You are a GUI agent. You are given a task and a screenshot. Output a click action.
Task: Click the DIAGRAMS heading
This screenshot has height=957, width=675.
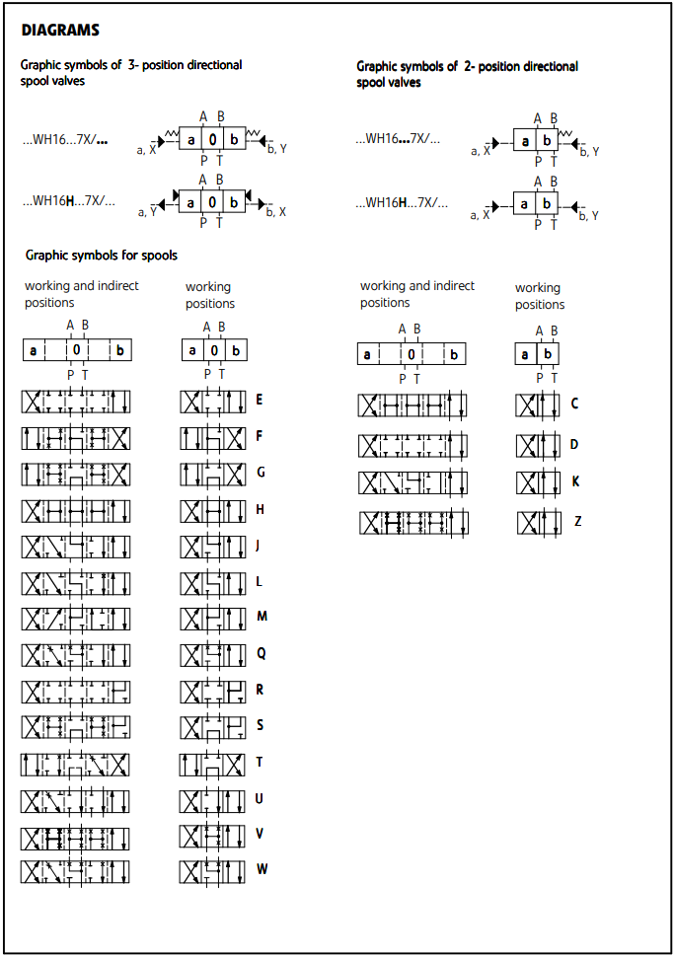click(60, 31)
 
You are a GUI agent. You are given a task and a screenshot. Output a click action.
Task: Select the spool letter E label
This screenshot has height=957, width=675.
click(260, 401)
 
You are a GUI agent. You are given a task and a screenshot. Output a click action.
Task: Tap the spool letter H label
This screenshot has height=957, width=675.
click(260, 509)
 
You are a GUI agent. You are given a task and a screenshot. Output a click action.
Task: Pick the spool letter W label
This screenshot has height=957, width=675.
click(262, 870)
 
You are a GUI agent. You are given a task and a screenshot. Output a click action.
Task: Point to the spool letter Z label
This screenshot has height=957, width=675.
click(577, 521)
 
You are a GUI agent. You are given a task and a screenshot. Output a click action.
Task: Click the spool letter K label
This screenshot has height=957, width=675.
click(575, 482)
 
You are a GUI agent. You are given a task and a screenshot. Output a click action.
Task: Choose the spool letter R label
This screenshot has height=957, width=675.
click(260, 689)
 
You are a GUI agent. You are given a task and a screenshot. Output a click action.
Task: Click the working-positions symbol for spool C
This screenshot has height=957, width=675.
click(538, 405)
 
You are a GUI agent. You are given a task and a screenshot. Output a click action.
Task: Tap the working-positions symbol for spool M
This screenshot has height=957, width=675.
click(212, 619)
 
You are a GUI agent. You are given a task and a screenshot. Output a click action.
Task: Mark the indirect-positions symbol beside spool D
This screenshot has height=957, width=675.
click(412, 446)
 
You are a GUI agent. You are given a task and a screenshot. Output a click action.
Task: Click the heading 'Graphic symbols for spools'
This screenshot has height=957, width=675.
click(102, 256)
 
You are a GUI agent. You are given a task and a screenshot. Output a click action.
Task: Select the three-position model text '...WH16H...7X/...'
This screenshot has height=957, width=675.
click(68, 201)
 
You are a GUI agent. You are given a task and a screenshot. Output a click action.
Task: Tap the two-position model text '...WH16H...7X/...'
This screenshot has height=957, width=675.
click(401, 202)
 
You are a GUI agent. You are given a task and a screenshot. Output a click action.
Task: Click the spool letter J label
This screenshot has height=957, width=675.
click(259, 546)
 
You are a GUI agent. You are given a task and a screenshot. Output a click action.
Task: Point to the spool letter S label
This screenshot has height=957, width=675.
click(260, 725)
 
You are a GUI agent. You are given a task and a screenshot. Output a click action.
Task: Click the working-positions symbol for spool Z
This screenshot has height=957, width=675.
click(538, 523)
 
